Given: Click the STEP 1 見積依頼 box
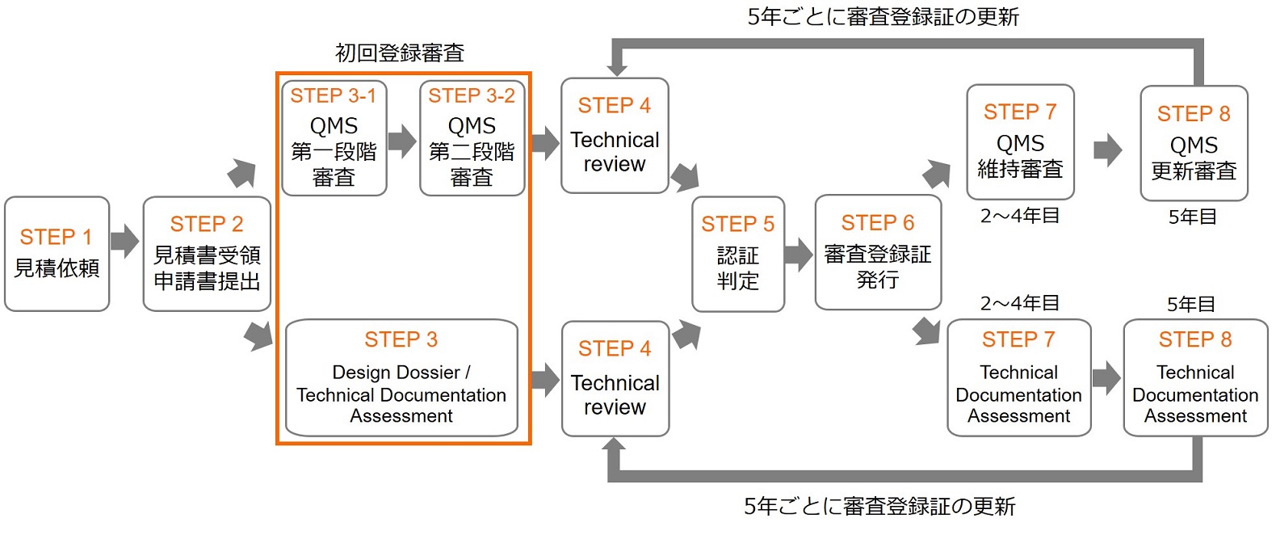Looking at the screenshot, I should click(57, 254).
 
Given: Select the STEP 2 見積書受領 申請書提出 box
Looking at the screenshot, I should click(207, 254).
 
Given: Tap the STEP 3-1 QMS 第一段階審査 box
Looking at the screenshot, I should click(334, 138).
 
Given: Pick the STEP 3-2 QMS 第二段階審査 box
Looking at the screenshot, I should click(472, 138).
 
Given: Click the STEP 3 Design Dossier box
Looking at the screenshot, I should click(401, 378).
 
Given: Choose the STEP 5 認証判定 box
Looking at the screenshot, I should click(737, 254).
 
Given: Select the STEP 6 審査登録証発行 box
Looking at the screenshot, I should click(878, 252).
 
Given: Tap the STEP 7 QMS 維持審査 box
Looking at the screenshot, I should click(1020, 142).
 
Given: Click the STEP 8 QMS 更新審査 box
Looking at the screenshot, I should click(1194, 144).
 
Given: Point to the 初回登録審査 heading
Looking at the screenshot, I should click(400, 53).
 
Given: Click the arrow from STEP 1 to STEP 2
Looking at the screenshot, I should click(125, 240).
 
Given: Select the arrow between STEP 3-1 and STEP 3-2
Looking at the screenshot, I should click(402, 140).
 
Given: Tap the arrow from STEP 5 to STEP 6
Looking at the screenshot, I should click(799, 254).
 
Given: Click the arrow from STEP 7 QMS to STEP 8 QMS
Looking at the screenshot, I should click(1108, 150).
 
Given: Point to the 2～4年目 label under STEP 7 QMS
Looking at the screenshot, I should click(1020, 216).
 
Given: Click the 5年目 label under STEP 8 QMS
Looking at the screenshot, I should click(1192, 217).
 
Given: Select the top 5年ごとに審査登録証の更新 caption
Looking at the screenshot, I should click(883, 17).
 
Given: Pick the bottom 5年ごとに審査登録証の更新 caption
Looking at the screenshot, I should click(879, 507).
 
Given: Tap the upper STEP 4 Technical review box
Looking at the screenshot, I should click(615, 136).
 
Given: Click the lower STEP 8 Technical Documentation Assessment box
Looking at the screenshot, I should click(1195, 378).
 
